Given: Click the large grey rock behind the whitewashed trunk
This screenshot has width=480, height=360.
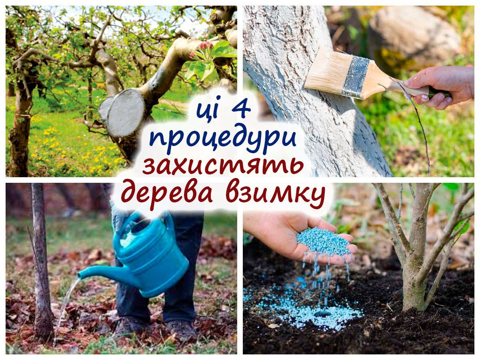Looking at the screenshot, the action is coord(413,37).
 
